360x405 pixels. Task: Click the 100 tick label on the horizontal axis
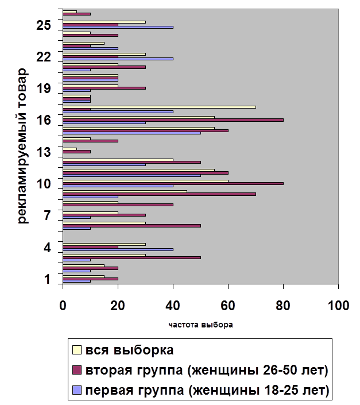[x=338, y=305]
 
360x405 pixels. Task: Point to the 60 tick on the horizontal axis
[x=229, y=305]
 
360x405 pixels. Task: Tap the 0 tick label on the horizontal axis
[x=63, y=305]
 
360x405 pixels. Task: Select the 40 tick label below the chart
[x=173, y=305]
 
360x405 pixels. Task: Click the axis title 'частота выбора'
[x=201, y=324]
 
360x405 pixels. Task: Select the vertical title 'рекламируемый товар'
[x=22, y=146]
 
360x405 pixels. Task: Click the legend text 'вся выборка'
[x=129, y=349]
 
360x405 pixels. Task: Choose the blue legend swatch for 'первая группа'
[x=76, y=391]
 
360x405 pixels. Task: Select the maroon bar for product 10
[x=173, y=184]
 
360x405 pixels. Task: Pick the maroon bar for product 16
[x=173, y=120]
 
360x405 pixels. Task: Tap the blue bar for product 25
[x=118, y=27]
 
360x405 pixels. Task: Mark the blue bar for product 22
[x=118, y=59]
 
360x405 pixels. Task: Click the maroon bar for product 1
[x=90, y=279]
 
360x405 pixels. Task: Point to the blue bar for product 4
[x=118, y=249]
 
